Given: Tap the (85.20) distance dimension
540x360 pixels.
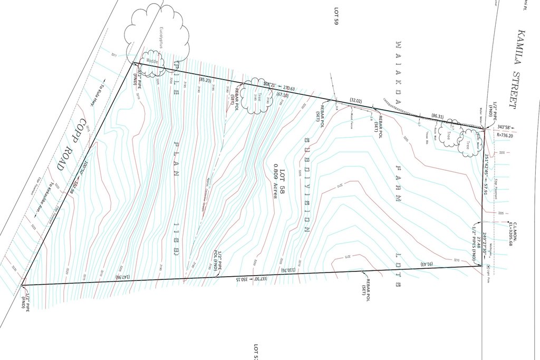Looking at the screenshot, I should tap(205, 80).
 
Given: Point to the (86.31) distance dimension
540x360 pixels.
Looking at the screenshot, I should tap(438, 115).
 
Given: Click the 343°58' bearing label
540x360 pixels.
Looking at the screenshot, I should tap(505, 127).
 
